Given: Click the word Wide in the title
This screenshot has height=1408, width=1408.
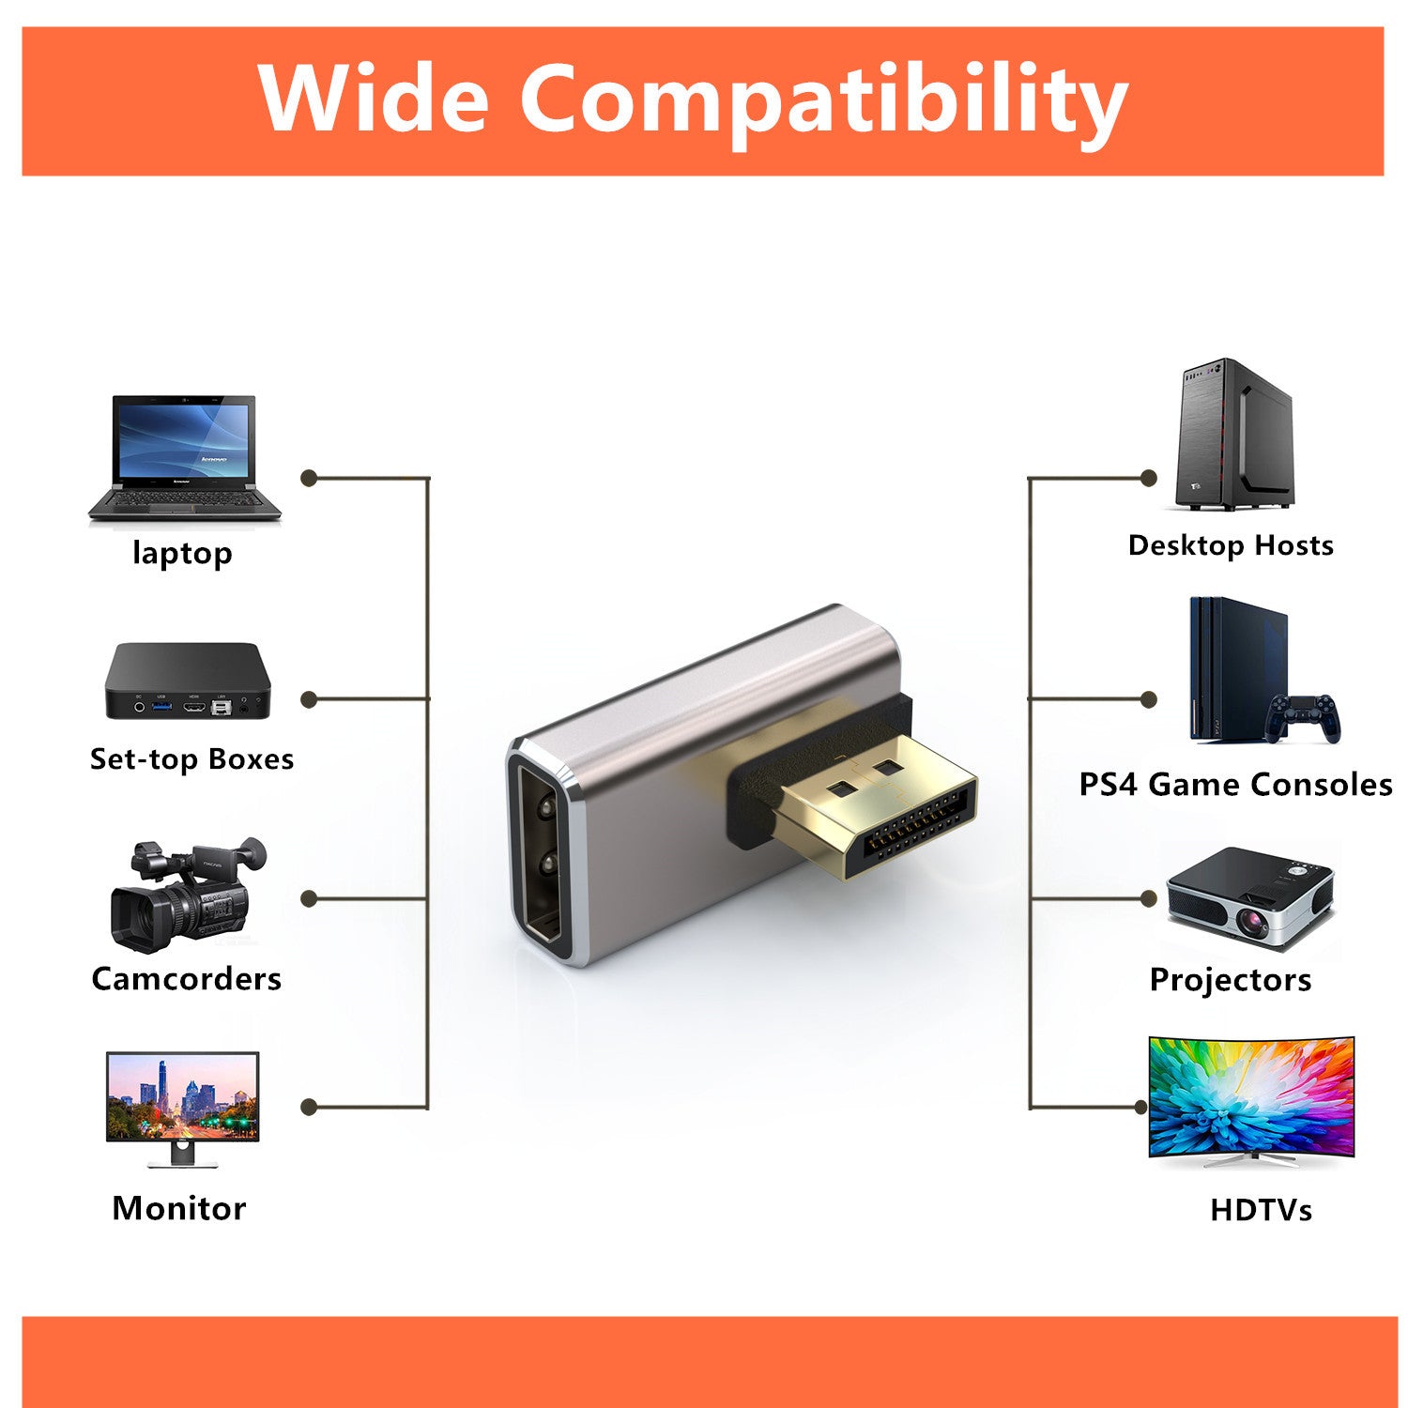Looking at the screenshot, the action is click(374, 97).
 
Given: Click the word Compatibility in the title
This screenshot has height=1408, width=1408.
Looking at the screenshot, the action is click(823, 103).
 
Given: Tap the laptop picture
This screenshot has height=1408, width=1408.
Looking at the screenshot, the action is click(185, 458).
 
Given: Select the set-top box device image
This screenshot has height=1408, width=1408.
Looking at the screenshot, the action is click(188, 681).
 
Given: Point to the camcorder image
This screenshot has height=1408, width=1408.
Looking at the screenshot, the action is click(188, 895).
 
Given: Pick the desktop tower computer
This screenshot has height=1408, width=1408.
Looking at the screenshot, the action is click(1234, 435).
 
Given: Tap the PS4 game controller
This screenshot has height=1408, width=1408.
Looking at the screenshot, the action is click(1303, 718).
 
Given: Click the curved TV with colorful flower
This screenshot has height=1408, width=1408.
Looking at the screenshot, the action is click(1251, 1101).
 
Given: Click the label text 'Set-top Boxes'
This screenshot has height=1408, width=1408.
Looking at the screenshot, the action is click(191, 758).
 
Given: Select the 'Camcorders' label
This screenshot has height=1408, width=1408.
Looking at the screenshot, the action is click(187, 979).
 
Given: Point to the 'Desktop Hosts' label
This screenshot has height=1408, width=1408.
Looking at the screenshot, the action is click(1231, 545).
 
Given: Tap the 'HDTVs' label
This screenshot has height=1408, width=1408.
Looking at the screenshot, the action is click(1261, 1210).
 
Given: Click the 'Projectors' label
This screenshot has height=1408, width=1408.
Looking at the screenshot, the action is click(1231, 980).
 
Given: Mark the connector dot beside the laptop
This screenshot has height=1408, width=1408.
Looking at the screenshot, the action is click(309, 478).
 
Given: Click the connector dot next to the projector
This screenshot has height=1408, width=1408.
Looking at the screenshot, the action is click(1148, 898).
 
